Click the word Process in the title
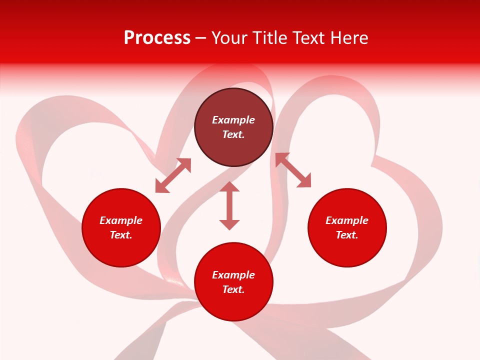(x=157, y=38)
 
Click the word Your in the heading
(x=230, y=38)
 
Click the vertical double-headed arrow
(x=229, y=205)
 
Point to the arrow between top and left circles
(x=173, y=175)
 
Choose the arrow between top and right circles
(x=293, y=170)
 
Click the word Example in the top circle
(x=233, y=120)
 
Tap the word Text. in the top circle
(x=233, y=134)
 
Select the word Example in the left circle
(x=121, y=220)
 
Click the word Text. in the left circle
(x=121, y=235)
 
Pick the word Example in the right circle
(x=347, y=220)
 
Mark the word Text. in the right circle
(x=347, y=235)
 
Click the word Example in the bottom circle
(x=233, y=275)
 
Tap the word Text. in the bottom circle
(x=233, y=289)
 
